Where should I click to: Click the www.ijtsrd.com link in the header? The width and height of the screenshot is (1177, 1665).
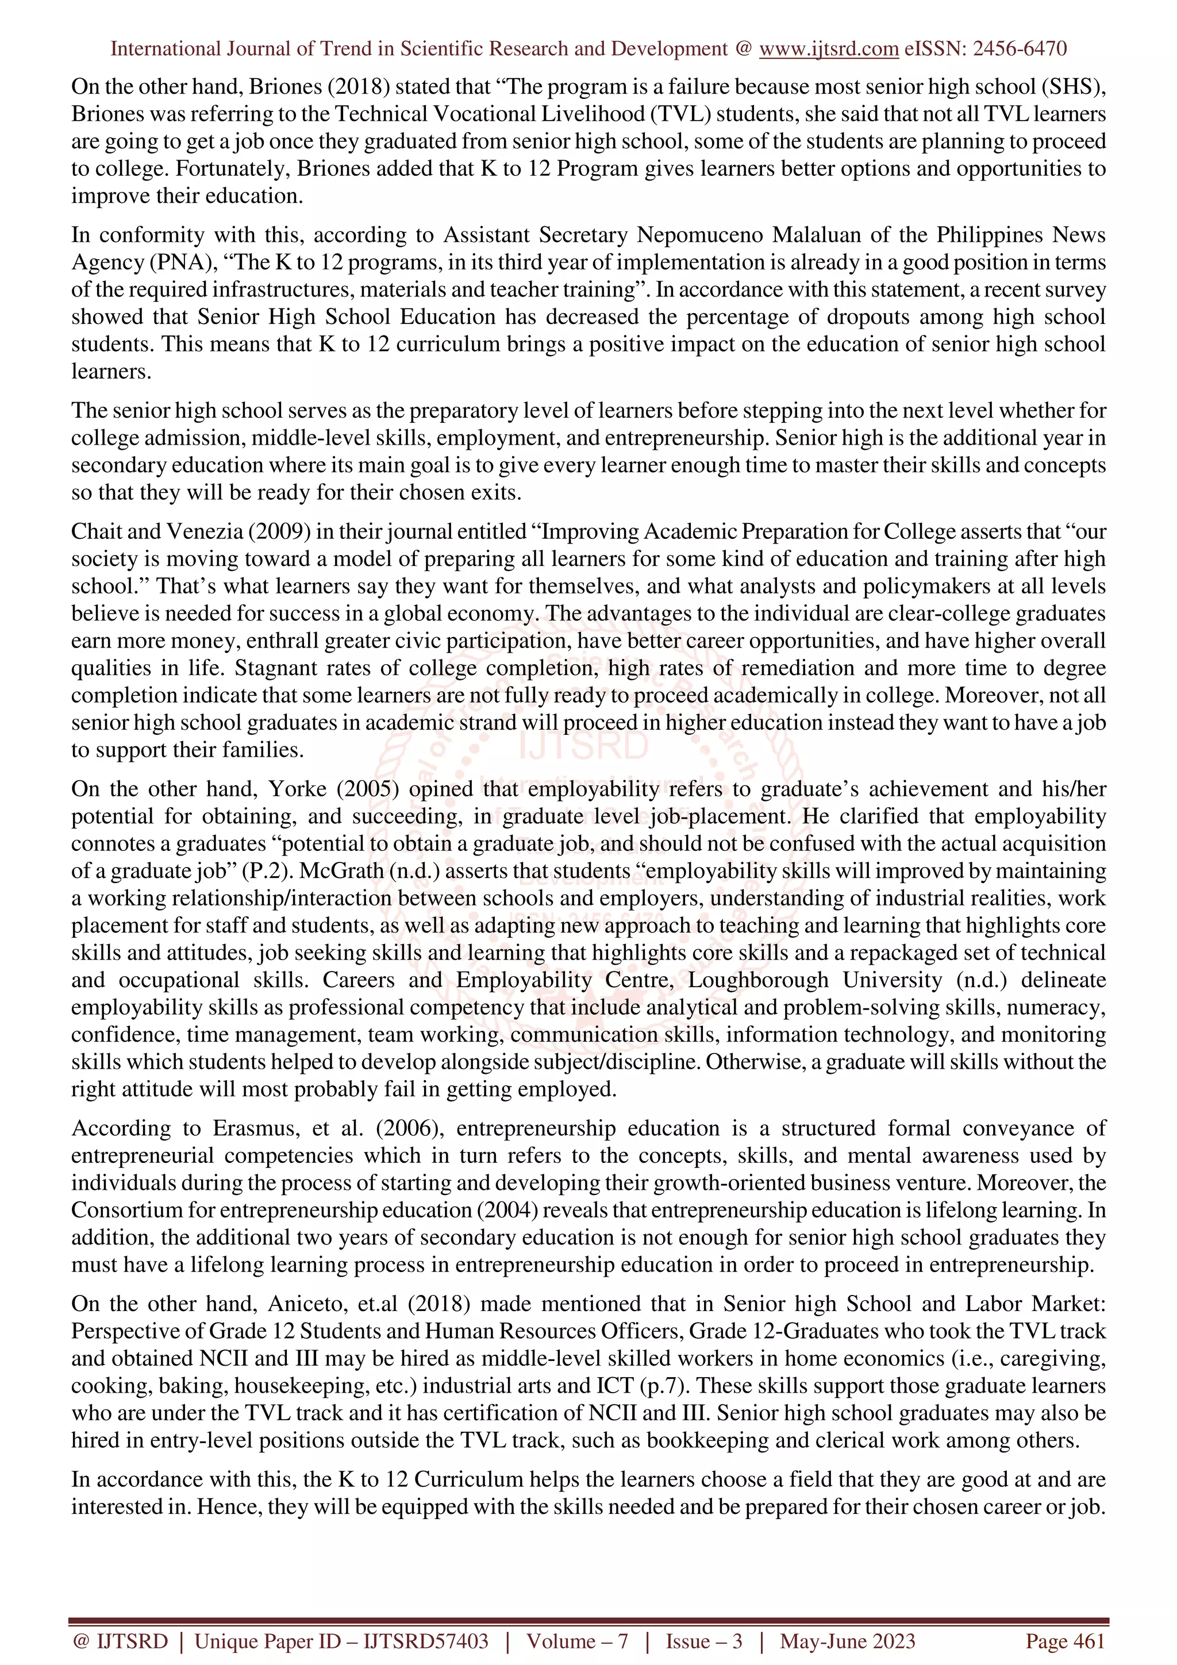click(828, 49)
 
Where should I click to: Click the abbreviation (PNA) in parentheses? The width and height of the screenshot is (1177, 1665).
click(172, 263)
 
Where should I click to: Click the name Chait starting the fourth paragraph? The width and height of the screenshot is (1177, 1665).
click(94, 531)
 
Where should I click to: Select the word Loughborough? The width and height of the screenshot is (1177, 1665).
click(758, 980)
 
